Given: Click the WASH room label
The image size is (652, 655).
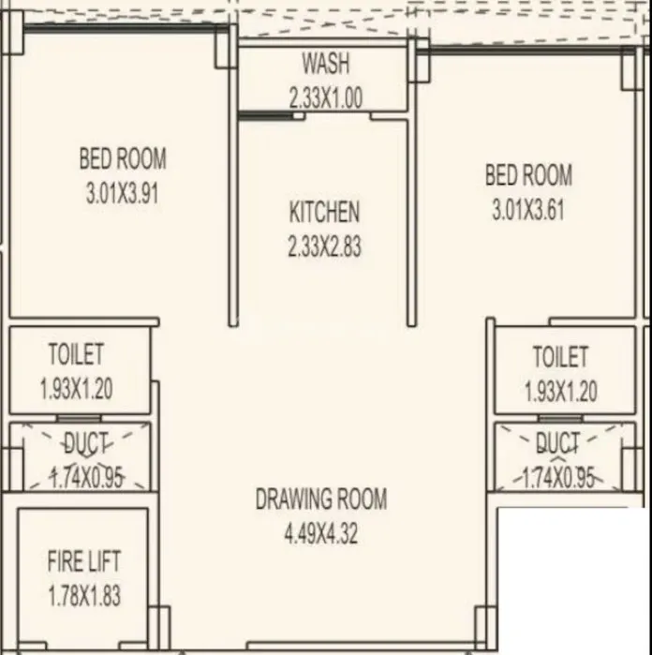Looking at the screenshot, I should click(325, 64).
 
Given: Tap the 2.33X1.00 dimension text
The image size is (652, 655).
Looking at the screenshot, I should click(325, 98).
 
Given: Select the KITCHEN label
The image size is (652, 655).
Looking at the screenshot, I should click(324, 212).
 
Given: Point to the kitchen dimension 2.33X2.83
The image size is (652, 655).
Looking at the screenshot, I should click(324, 246).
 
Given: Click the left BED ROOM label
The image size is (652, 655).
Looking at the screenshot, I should click(123, 158).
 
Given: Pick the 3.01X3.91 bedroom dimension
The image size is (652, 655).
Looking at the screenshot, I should click(123, 194).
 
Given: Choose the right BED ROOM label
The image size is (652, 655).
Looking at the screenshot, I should click(528, 175).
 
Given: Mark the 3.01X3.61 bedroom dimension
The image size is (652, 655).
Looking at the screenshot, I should click(528, 211).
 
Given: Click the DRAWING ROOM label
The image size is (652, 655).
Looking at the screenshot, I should click(321, 499).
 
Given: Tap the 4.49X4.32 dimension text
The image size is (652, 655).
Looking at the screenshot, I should click(321, 534).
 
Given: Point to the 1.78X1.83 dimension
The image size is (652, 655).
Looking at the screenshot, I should click(83, 596).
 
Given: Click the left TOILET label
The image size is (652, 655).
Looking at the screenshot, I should click(76, 355).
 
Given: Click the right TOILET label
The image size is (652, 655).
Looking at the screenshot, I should click(561, 356).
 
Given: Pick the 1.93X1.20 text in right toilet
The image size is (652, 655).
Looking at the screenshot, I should click(563, 391).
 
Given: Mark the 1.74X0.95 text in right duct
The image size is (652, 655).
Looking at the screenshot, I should click(559, 478).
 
